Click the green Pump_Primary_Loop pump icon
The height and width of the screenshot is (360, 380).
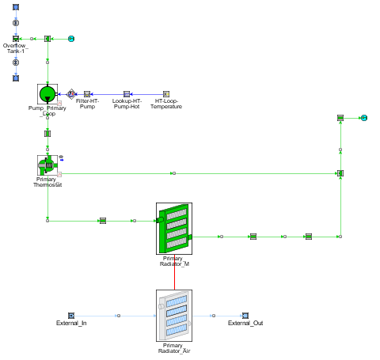47,94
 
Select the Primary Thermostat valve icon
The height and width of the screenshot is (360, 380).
47,165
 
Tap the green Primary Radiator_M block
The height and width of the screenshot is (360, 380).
174,229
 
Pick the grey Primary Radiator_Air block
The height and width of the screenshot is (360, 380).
174,316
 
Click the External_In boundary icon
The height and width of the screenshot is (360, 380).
71,316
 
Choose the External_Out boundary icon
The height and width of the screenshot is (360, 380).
245,316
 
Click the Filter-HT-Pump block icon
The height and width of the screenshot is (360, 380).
87,94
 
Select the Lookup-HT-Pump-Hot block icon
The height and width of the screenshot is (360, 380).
127,94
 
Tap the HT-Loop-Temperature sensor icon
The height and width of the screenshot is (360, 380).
166,94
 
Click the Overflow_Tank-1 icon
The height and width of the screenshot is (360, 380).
16,39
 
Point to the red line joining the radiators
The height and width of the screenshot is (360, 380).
174,272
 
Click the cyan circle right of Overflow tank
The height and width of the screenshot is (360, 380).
71,39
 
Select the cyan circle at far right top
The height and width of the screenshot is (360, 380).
364,118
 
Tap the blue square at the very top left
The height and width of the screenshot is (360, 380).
16,7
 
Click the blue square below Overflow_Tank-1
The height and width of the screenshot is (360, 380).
16,78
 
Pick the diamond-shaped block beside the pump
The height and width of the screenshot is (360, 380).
71,94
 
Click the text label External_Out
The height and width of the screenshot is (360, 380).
245,323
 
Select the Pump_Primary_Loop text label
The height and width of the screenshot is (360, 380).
47,111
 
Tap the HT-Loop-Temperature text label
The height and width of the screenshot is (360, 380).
166,104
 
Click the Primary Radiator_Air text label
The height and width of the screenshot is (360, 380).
174,348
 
